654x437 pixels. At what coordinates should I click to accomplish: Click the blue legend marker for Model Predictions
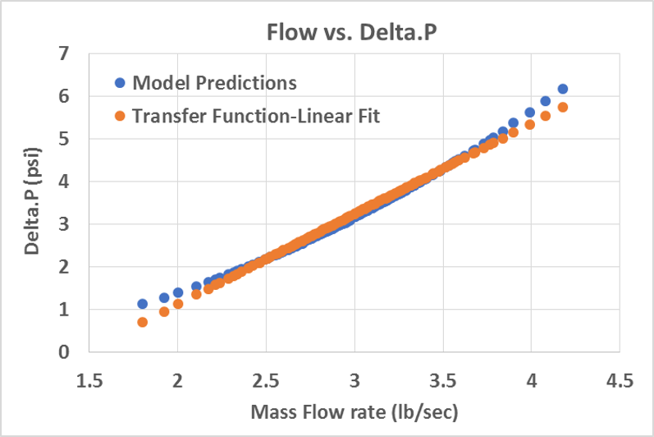tap(120, 82)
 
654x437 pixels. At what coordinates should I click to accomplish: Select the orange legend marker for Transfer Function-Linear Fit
tap(120, 116)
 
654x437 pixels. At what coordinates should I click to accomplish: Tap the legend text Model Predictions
tap(214, 82)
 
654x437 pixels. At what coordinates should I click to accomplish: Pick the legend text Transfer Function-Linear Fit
tap(256, 116)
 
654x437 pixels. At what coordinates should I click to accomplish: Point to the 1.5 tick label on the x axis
tap(89, 382)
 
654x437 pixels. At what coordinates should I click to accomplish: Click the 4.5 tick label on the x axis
tap(620, 382)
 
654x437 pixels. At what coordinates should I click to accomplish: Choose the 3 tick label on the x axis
tap(354, 382)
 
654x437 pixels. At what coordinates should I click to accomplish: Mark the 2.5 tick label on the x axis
tap(266, 382)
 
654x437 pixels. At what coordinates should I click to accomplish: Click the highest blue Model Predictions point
tap(563, 89)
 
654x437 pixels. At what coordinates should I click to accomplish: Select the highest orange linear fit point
tap(563, 108)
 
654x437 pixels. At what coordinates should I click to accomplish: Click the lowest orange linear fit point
tap(142, 322)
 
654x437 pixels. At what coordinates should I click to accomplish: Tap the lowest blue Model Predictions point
tap(142, 304)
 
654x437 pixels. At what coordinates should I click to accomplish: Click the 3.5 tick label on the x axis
tap(443, 382)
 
